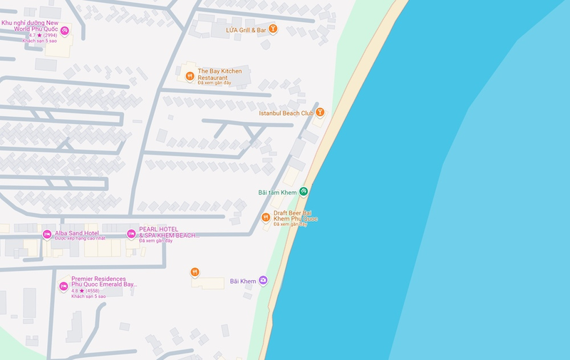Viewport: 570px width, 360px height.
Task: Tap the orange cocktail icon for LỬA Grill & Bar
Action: click(x=272, y=29)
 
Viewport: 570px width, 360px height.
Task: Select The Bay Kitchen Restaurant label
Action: click(x=219, y=74)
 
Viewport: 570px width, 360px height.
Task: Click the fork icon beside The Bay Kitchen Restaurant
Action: click(x=190, y=76)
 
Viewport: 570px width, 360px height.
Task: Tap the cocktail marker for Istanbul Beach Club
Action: click(x=321, y=112)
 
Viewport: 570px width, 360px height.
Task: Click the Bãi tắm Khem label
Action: click(x=277, y=192)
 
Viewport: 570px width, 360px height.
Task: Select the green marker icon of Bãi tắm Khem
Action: click(x=304, y=191)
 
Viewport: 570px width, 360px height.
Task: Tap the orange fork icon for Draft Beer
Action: click(x=265, y=217)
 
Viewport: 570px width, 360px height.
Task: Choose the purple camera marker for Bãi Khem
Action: click(x=263, y=281)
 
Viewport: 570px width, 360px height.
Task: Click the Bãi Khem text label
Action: click(x=242, y=282)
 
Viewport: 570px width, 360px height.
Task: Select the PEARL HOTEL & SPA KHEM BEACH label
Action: click(x=169, y=232)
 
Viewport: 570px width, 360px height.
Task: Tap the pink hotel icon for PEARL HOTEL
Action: click(x=131, y=234)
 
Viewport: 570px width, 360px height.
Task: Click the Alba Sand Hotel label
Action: click(x=77, y=233)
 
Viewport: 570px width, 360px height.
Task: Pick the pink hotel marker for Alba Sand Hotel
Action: click(x=47, y=234)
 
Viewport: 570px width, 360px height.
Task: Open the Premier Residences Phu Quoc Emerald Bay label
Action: click(x=103, y=282)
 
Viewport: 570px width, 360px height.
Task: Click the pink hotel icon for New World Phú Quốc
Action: click(x=64, y=30)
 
